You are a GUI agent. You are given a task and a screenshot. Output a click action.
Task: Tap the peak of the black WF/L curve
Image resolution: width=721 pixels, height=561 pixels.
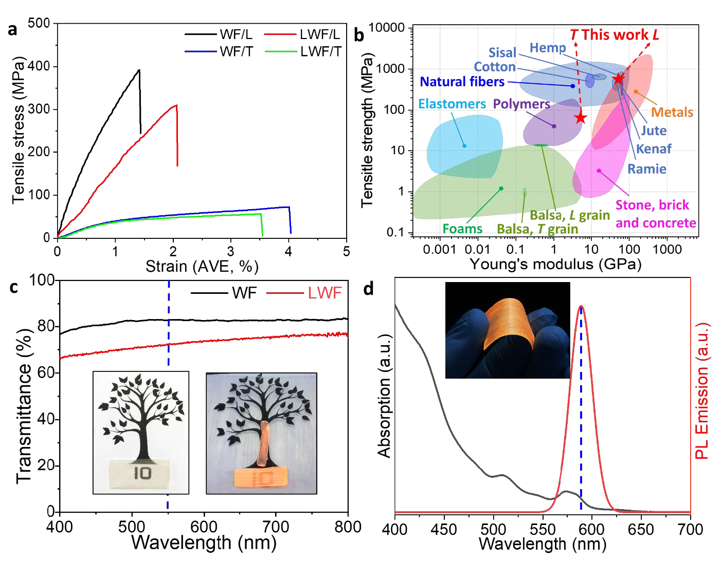click(139, 70)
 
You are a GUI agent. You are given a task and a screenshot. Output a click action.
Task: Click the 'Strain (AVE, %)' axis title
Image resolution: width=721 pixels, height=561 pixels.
click(202, 266)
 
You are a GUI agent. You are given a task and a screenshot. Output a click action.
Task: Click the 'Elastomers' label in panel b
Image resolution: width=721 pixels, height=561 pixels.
click(452, 104)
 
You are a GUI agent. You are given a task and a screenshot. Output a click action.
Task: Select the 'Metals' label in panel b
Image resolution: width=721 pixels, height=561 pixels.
click(672, 112)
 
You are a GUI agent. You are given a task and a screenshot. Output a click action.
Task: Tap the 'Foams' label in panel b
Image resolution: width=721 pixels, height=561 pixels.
click(462, 229)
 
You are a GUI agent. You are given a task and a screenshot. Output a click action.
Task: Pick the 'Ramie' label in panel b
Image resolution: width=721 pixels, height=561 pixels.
click(646, 169)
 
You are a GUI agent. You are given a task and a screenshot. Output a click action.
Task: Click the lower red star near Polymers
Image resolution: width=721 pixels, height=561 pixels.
click(581, 118)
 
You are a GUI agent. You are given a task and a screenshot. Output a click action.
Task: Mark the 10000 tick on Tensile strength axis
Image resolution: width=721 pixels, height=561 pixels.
click(387, 28)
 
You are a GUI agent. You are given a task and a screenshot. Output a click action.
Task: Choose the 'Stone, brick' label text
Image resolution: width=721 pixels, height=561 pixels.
click(652, 205)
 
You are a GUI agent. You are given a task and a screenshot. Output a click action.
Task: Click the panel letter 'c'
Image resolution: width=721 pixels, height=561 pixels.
click(14, 287)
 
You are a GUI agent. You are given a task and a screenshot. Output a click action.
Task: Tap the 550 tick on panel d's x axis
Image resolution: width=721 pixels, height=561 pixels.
click(543, 529)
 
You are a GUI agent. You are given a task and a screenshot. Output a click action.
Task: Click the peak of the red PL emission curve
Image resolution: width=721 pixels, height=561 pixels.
click(581, 306)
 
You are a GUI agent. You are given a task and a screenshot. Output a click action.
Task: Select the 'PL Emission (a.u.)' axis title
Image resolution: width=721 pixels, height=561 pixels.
click(702, 390)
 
